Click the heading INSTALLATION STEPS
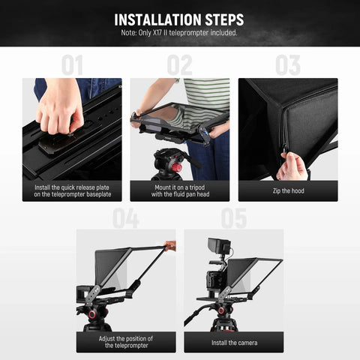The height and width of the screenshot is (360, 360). tap(179, 19)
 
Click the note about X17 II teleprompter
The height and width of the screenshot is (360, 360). tap(179, 33)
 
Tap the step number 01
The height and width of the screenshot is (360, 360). tap(72, 65)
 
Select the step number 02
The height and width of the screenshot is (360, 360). tap(180, 65)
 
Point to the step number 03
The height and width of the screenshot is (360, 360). tap(287, 65)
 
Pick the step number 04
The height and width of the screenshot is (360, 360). tap(125, 218)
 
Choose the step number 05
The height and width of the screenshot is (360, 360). tap(234, 218)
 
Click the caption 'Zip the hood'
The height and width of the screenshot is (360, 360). tap(288, 190)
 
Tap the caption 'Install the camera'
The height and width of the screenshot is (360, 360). tap(234, 343)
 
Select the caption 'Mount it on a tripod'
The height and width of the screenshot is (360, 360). tap(180, 190)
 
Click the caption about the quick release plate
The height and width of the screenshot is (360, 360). tap(72, 190)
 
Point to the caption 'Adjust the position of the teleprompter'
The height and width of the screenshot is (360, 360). tap(125, 343)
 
